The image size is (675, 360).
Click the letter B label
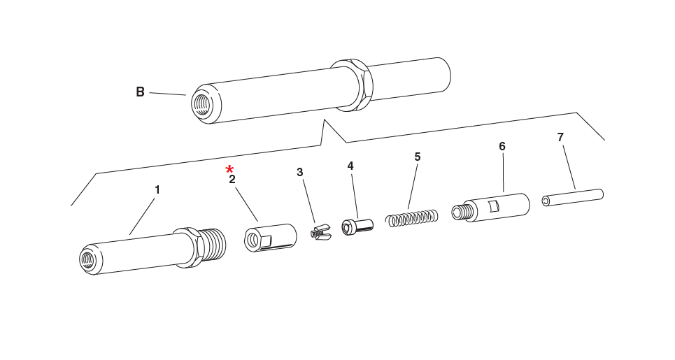[x=140, y=92]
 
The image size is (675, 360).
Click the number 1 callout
[x=157, y=189]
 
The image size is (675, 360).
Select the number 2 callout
[x=232, y=180]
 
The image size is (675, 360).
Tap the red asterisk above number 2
[x=229, y=169]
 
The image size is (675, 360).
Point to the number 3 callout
[x=300, y=172]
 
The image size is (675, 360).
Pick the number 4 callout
[x=350, y=166]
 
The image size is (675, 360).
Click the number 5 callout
[x=418, y=157]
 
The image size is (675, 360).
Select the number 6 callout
[x=502, y=146]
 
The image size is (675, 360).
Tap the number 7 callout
[x=560, y=137]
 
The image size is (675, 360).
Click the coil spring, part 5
[x=413, y=217]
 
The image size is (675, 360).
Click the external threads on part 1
[x=213, y=245]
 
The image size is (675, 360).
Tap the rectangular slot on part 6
[x=494, y=206]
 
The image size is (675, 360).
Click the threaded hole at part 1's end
[x=89, y=259]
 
